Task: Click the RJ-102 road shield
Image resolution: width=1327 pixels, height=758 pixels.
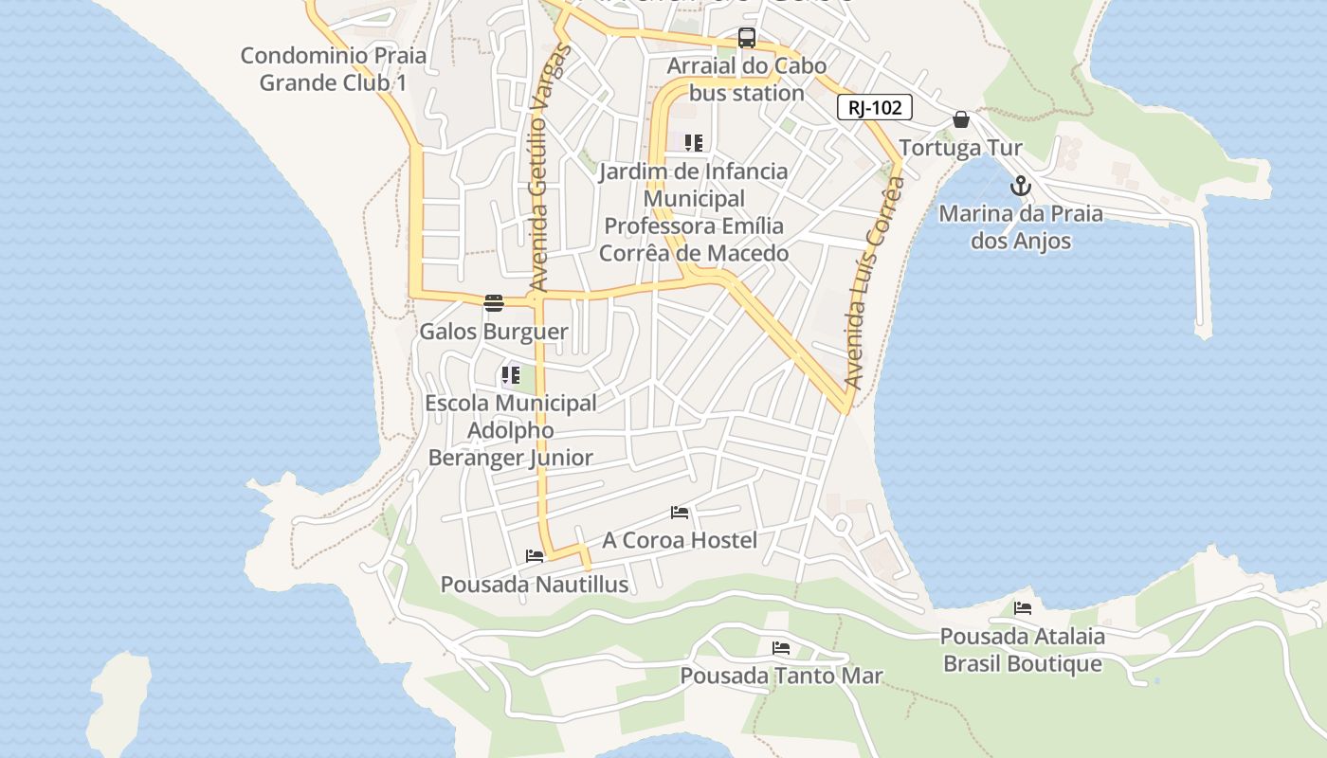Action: click(x=874, y=107)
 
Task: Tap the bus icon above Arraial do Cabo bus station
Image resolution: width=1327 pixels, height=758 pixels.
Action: click(x=747, y=38)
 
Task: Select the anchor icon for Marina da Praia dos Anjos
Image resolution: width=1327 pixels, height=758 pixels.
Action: click(x=1020, y=185)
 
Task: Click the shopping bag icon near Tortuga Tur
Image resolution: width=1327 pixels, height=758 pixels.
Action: click(x=961, y=119)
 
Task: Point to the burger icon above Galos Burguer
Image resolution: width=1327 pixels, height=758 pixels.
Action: click(x=493, y=303)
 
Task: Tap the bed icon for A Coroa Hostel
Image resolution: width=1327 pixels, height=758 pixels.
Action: click(x=680, y=513)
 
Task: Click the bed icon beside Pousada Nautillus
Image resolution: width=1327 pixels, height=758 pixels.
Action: click(x=535, y=556)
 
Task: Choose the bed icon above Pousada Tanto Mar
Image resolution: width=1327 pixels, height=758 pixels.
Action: click(x=781, y=648)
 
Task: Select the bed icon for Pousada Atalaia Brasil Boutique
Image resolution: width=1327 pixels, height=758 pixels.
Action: click(x=1023, y=608)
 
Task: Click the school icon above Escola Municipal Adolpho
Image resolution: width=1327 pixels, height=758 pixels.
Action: click(x=511, y=375)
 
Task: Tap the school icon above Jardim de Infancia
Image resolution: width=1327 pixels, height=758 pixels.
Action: click(x=694, y=143)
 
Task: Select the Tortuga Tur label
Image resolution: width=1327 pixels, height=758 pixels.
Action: click(x=960, y=148)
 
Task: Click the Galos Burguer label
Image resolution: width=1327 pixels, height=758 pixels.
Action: click(x=494, y=332)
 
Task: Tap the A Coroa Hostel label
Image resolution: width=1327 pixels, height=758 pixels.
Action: click(x=680, y=540)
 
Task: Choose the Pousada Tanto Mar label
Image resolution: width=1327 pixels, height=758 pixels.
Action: click(x=781, y=676)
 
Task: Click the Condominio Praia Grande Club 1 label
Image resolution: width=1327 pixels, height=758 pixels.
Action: click(x=333, y=69)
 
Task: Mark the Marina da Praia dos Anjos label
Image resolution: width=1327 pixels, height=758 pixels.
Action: click(x=1021, y=226)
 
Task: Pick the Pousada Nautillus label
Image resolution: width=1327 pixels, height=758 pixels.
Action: click(x=535, y=585)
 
